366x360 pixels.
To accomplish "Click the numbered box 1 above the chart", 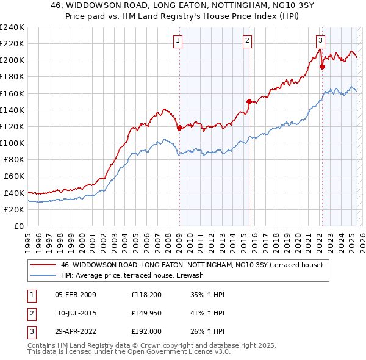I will pyautogui.click(x=178, y=41).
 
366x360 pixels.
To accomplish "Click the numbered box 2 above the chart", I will pyautogui.click(x=247, y=41).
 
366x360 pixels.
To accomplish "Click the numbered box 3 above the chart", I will pyautogui.click(x=320, y=41).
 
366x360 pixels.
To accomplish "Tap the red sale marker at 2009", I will pyautogui.click(x=179, y=128).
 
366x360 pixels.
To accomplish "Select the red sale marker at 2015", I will pyautogui.click(x=249, y=101).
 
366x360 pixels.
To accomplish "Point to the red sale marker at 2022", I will pyautogui.click(x=322, y=67).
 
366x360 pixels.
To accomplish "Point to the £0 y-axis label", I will pyautogui.click(x=19, y=226).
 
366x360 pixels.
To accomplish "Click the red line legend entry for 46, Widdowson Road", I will pyautogui.click(x=195, y=265).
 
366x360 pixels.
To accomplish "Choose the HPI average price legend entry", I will pyautogui.click(x=132, y=275).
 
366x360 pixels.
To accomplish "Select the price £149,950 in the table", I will pyautogui.click(x=146, y=314).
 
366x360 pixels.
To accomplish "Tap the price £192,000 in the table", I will pyautogui.click(x=146, y=332).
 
